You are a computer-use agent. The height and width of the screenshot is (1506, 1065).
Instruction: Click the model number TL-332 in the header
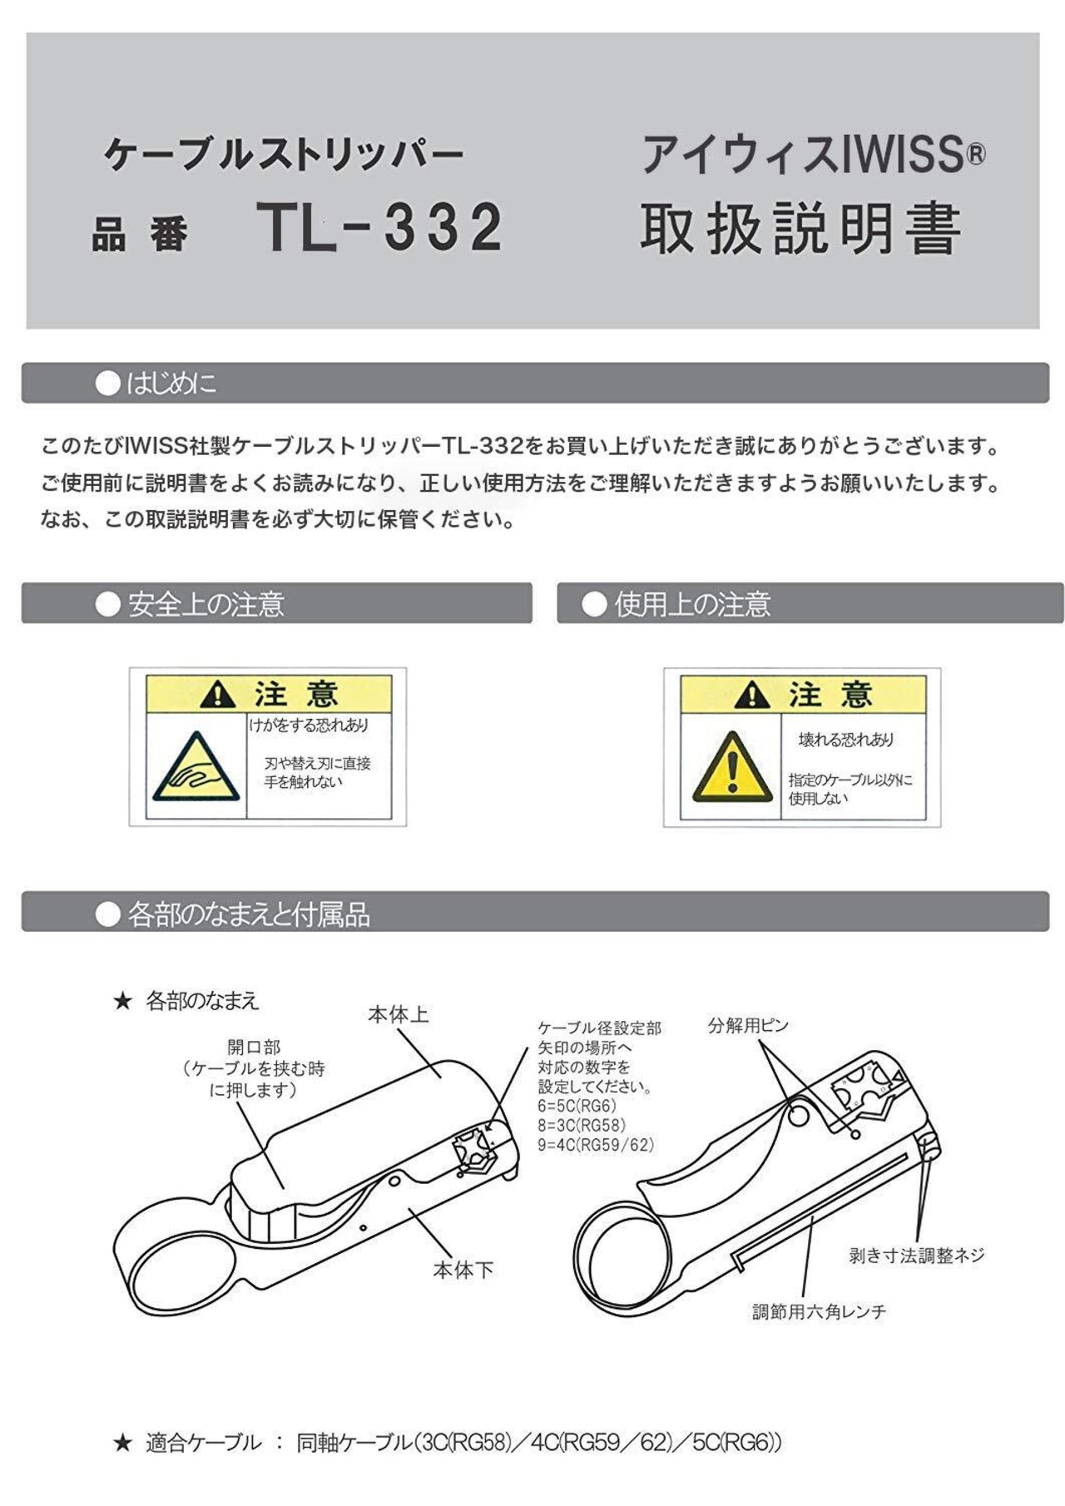coord(379,226)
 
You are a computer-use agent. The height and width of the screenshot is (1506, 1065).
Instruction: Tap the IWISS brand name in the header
coord(913,155)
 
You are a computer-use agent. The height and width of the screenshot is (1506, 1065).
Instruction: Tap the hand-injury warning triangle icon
coord(196,766)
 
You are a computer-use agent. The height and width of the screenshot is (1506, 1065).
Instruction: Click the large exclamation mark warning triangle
coord(732,766)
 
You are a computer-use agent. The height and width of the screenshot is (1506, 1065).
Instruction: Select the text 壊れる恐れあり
coord(846,740)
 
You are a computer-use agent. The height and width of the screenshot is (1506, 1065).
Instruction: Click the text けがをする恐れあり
coord(309,725)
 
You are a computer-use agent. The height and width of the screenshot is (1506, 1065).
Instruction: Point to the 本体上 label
coord(398,1015)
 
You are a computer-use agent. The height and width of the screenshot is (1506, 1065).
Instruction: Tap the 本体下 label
coord(463,1270)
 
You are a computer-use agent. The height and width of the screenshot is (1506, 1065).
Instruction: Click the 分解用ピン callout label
coord(748,1025)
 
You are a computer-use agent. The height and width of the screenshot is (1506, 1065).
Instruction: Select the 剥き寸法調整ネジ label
coord(916,1256)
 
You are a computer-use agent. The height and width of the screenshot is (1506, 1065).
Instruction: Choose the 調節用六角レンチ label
coord(820,1312)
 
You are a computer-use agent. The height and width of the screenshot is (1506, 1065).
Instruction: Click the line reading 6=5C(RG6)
coord(577,1106)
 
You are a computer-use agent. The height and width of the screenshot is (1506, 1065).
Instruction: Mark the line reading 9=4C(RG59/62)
coord(596,1145)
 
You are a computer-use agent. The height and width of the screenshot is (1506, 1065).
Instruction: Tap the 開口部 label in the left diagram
coord(254,1048)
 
